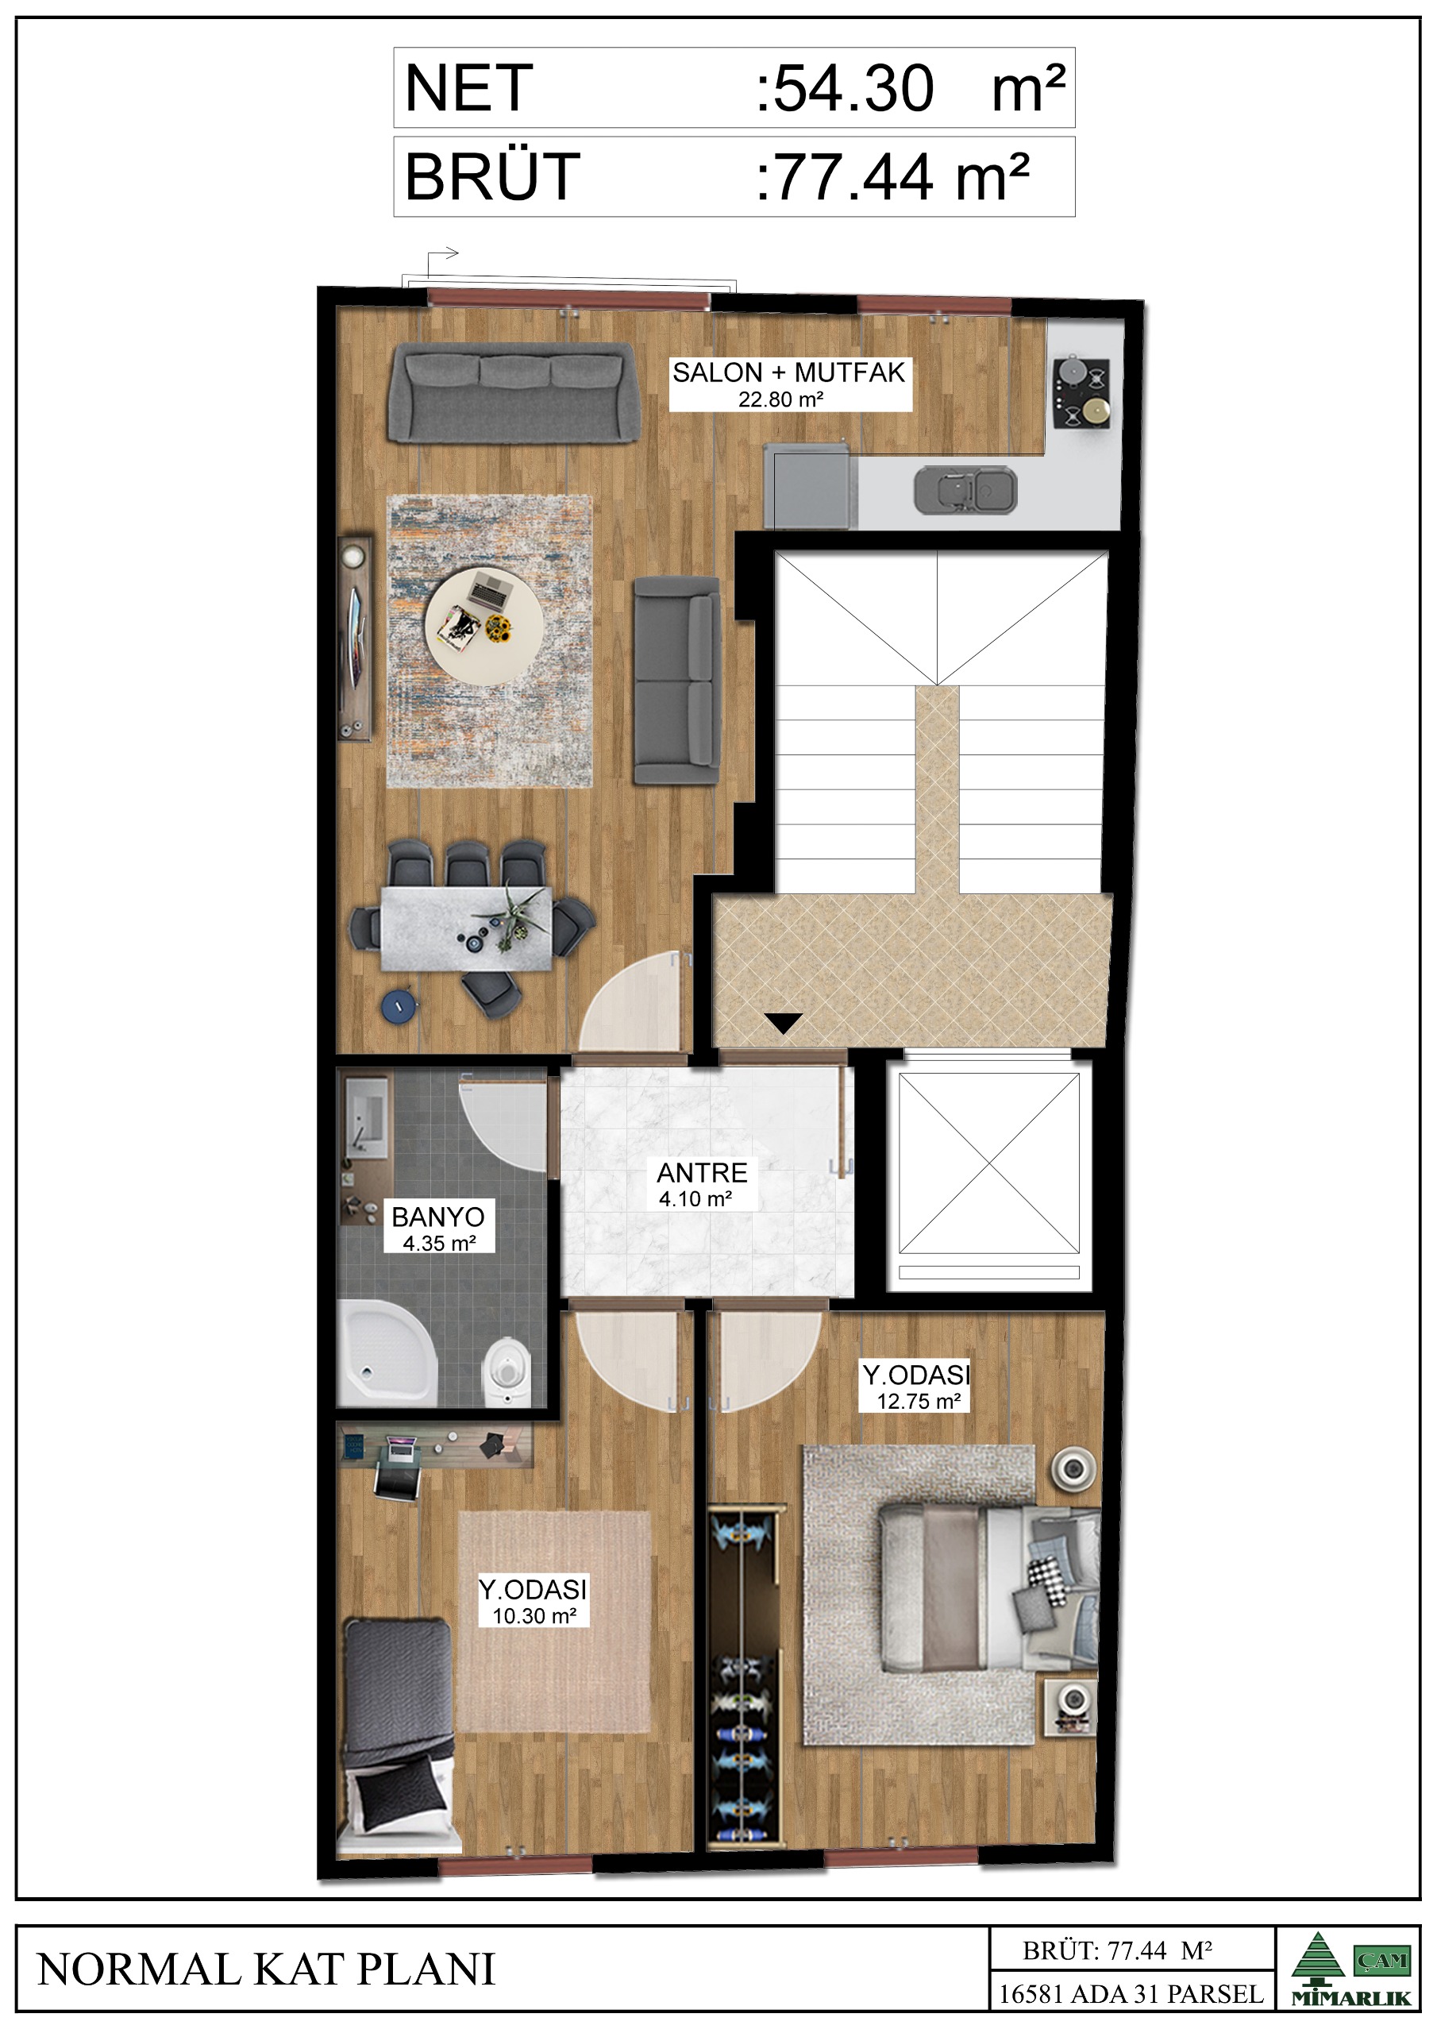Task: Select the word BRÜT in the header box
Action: click(492, 176)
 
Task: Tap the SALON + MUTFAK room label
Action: click(789, 372)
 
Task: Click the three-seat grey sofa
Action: click(513, 393)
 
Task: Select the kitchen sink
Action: click(965, 490)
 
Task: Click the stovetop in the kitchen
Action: click(1081, 393)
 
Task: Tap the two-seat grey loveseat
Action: click(676, 680)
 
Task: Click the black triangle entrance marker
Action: click(784, 1024)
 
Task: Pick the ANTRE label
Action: click(702, 1172)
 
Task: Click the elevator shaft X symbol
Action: click(989, 1163)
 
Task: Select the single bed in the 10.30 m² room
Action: click(398, 1735)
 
